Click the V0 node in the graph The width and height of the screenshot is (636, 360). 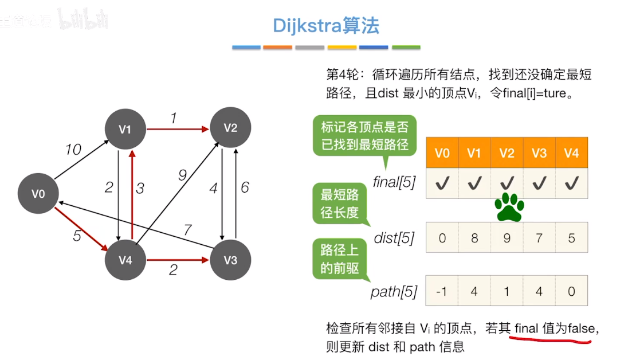pos(38,194)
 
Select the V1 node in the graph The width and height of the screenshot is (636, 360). pos(125,129)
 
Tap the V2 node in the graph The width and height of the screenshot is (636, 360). pos(230,128)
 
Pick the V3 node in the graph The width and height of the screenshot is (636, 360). pos(230,260)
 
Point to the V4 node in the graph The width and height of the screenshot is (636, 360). pos(125,260)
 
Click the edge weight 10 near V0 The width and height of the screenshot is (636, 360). pos(73,150)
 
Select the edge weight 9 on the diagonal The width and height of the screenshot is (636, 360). pos(182,175)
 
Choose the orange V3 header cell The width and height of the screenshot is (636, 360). pos(539,153)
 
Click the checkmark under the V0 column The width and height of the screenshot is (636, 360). pos(442,183)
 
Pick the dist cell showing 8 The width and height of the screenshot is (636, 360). pos(474,237)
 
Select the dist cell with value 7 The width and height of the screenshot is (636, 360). pos(539,237)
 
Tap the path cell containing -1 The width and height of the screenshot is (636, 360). pos(442,291)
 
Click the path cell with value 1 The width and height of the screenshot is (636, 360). pos(507,291)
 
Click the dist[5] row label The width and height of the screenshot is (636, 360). pos(394,237)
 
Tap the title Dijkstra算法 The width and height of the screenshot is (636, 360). pos(325,26)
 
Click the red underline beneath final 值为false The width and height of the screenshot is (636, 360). pos(550,341)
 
